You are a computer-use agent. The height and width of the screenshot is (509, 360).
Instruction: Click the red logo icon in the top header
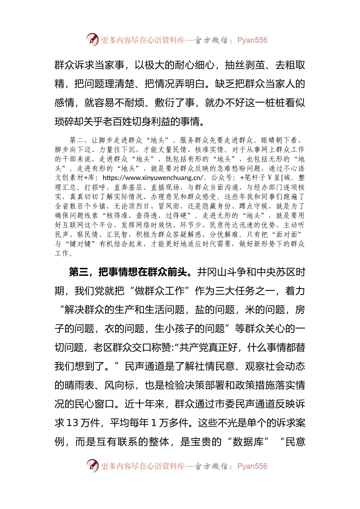pos(92,39)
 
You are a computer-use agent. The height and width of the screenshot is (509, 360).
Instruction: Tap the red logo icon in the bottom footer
pos(92,465)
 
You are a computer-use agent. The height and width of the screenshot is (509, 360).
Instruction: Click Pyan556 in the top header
pos(252,40)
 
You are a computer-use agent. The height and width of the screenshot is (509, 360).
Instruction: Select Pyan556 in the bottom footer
pos(252,466)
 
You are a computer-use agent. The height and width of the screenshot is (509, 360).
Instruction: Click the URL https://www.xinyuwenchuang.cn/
pos(153,178)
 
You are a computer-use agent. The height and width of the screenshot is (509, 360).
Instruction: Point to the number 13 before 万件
pos(72,423)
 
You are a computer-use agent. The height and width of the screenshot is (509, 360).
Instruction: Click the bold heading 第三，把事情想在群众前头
pos(128,272)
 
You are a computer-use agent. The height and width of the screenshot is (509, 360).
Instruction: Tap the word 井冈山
pos(213,272)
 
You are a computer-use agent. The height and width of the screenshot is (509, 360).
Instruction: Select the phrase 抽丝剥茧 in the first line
pos(245,65)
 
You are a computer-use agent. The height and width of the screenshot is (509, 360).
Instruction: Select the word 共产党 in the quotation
pos(194,347)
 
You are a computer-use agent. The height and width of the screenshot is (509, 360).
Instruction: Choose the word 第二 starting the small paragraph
pos(77,140)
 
